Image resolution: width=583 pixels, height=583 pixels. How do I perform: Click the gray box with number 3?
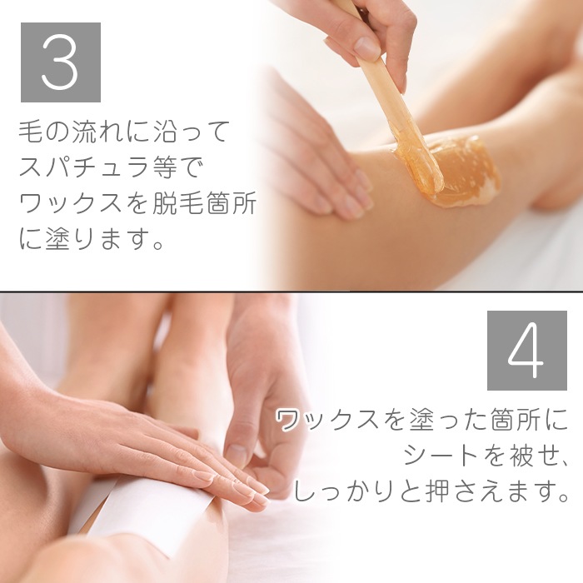(61, 62)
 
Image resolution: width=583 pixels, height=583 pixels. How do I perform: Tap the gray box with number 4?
(527, 351)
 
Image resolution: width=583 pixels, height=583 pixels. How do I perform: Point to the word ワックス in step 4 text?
(328, 421)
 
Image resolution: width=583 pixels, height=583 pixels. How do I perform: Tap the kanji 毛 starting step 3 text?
(30, 132)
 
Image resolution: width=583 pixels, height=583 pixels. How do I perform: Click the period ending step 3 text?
(157, 246)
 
